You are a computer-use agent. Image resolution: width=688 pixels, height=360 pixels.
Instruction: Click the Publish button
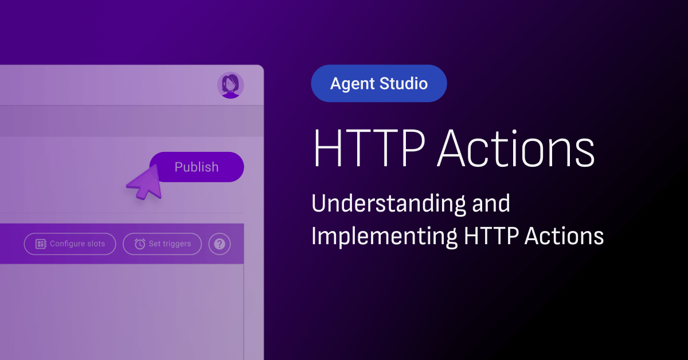[197, 167]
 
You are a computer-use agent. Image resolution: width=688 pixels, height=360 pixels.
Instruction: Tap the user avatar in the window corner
[230, 85]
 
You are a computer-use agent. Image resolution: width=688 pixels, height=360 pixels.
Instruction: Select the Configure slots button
[70, 244]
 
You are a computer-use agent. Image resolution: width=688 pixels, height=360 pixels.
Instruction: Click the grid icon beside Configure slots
[41, 244]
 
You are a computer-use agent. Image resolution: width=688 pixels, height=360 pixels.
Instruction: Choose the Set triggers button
[162, 244]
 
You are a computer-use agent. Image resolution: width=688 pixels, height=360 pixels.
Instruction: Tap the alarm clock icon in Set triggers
[140, 244]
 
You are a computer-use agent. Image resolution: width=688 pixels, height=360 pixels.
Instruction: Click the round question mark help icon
[220, 244]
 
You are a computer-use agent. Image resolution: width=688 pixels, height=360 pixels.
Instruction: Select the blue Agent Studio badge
[378, 84]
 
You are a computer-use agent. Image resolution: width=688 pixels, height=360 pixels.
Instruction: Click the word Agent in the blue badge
[353, 84]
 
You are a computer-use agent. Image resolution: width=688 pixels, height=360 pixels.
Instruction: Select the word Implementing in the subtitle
[383, 236]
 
